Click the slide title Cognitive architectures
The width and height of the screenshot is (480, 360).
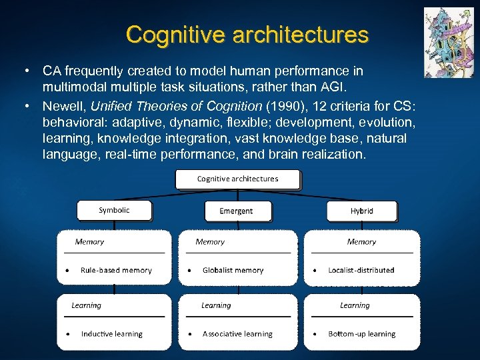click(247, 34)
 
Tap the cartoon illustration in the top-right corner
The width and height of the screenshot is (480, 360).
click(448, 43)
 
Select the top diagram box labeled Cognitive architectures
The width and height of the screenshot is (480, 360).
click(237, 179)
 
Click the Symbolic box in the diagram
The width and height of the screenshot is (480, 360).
click(114, 211)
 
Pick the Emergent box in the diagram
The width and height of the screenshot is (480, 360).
click(237, 211)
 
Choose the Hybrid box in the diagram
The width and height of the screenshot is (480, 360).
click(361, 211)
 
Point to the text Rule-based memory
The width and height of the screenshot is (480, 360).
click(116, 271)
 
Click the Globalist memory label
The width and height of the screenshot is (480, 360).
click(233, 271)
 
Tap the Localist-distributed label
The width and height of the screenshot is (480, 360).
click(361, 271)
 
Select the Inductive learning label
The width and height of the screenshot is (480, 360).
click(111, 334)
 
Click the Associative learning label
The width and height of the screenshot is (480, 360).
click(237, 334)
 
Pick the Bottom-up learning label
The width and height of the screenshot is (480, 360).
click(361, 334)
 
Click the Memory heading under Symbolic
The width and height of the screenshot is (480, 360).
click(89, 242)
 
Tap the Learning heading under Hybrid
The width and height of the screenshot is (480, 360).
click(355, 305)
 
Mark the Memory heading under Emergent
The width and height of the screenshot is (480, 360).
click(210, 242)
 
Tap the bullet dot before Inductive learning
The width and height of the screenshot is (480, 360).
click(67, 334)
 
